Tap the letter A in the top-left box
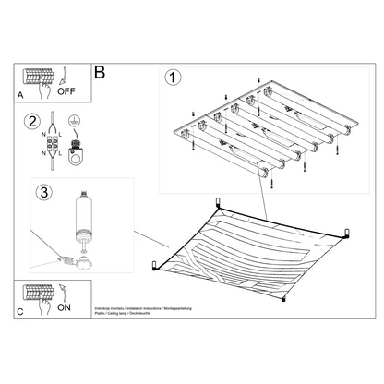pyautogui.click(x=22, y=94)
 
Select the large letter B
pyautogui.click(x=100, y=69)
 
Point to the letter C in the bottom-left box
pyautogui.click(x=22, y=310)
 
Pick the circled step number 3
pyautogui.click(x=38, y=193)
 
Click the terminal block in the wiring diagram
pyautogui.click(x=41, y=146)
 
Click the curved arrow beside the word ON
pyautogui.click(x=64, y=293)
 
